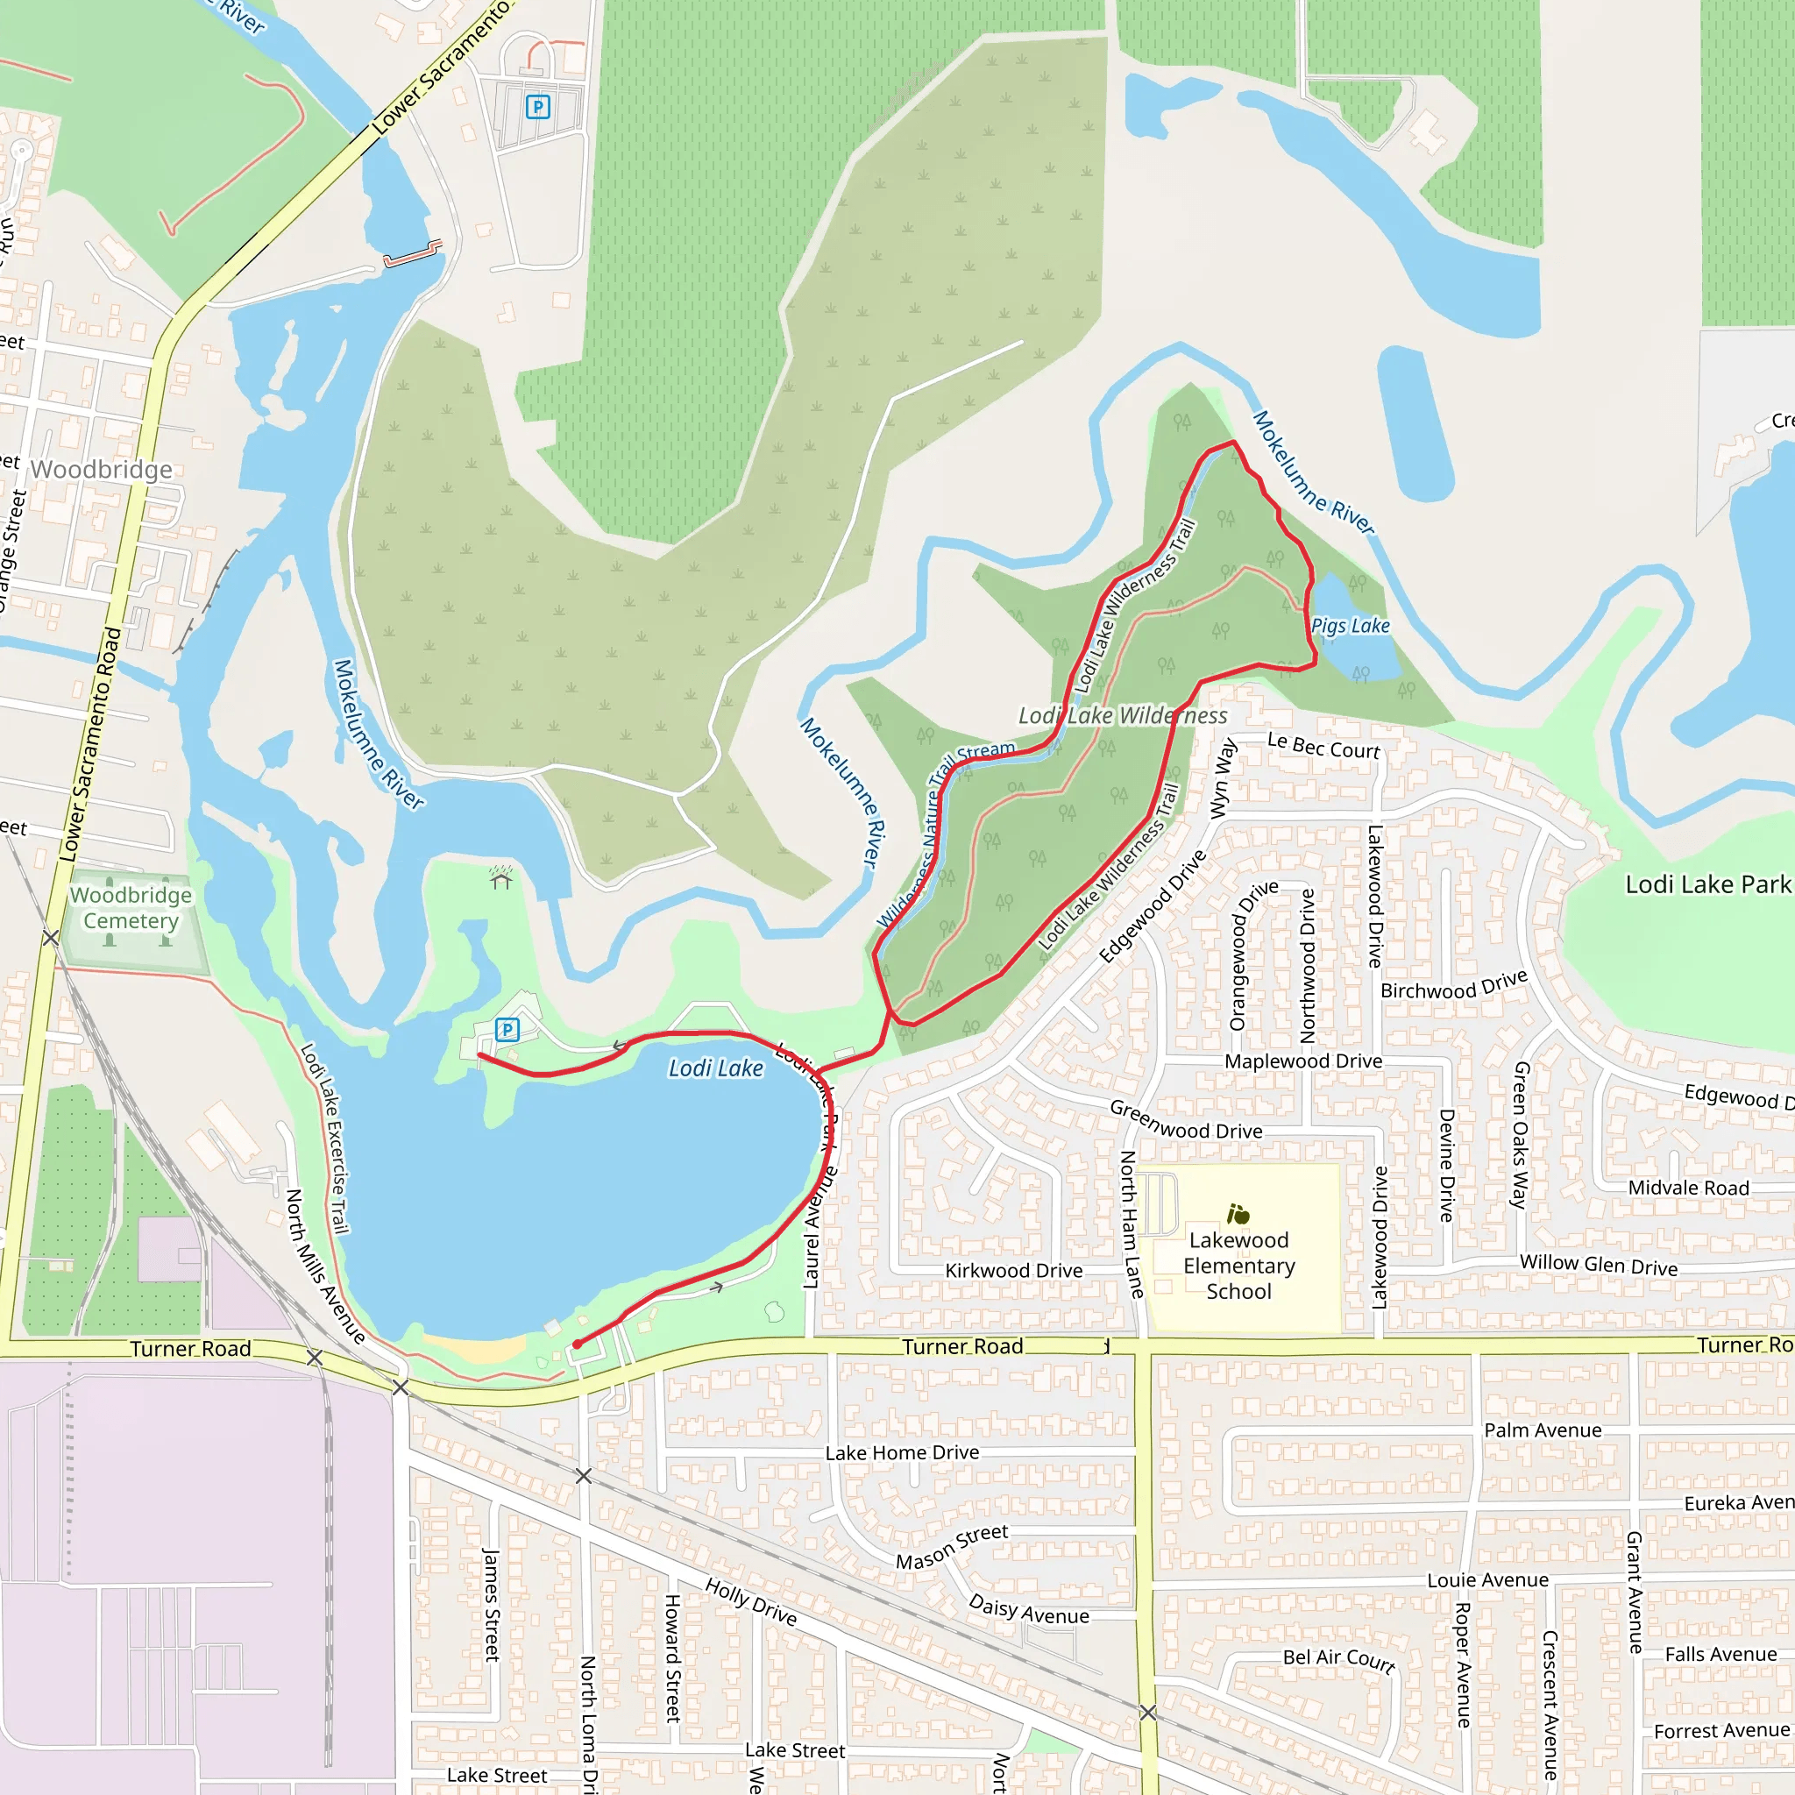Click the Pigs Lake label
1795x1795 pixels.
(1350, 626)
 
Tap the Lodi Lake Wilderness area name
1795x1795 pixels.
(1123, 715)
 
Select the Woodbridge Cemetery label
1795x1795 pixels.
(131, 908)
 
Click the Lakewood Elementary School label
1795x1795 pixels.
(1238, 1266)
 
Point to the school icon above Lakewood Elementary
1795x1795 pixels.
(1238, 1214)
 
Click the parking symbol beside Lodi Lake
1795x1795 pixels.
(507, 1030)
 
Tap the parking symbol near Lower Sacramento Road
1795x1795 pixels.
(538, 107)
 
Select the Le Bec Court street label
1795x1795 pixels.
(1323, 746)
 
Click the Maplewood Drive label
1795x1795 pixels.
(1302, 1061)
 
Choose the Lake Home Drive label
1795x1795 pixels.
(901, 1452)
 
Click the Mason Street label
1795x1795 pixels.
(951, 1546)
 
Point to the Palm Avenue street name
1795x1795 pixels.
(1543, 1430)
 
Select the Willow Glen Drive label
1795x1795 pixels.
(1598, 1265)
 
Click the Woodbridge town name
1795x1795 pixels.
(102, 469)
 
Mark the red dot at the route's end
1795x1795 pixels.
(577, 1344)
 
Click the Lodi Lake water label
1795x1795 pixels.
(715, 1068)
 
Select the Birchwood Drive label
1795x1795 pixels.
(1454, 985)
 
